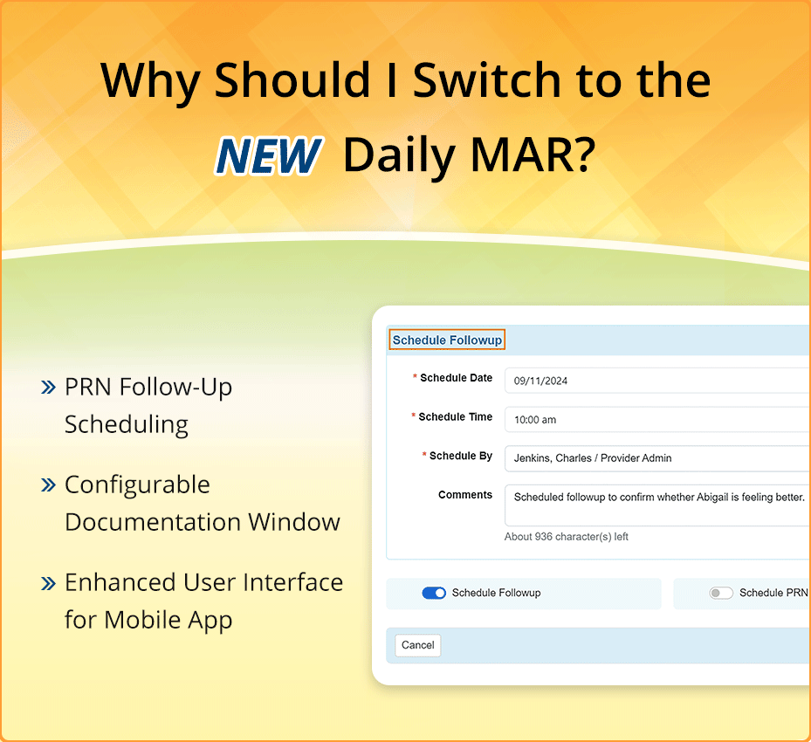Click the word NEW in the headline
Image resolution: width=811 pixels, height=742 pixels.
click(268, 155)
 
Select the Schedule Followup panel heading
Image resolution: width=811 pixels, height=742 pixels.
click(447, 340)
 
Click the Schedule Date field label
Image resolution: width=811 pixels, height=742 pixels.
click(456, 379)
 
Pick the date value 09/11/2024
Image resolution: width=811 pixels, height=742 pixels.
click(541, 381)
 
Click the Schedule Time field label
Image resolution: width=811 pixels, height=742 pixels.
click(455, 417)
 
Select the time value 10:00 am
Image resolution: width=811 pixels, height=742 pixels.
click(535, 420)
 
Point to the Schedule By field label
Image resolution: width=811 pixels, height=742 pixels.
click(460, 456)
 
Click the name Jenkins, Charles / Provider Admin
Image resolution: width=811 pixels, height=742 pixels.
click(593, 458)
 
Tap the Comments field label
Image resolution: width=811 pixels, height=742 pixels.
click(465, 495)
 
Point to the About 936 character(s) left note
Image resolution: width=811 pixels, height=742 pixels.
click(567, 537)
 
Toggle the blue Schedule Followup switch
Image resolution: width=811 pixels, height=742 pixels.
click(434, 594)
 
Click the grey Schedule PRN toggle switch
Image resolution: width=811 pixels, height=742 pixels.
click(721, 594)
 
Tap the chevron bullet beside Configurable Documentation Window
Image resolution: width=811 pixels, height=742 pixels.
click(49, 485)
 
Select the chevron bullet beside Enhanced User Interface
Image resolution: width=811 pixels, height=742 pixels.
click(49, 583)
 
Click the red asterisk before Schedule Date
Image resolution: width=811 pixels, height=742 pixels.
click(415, 378)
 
